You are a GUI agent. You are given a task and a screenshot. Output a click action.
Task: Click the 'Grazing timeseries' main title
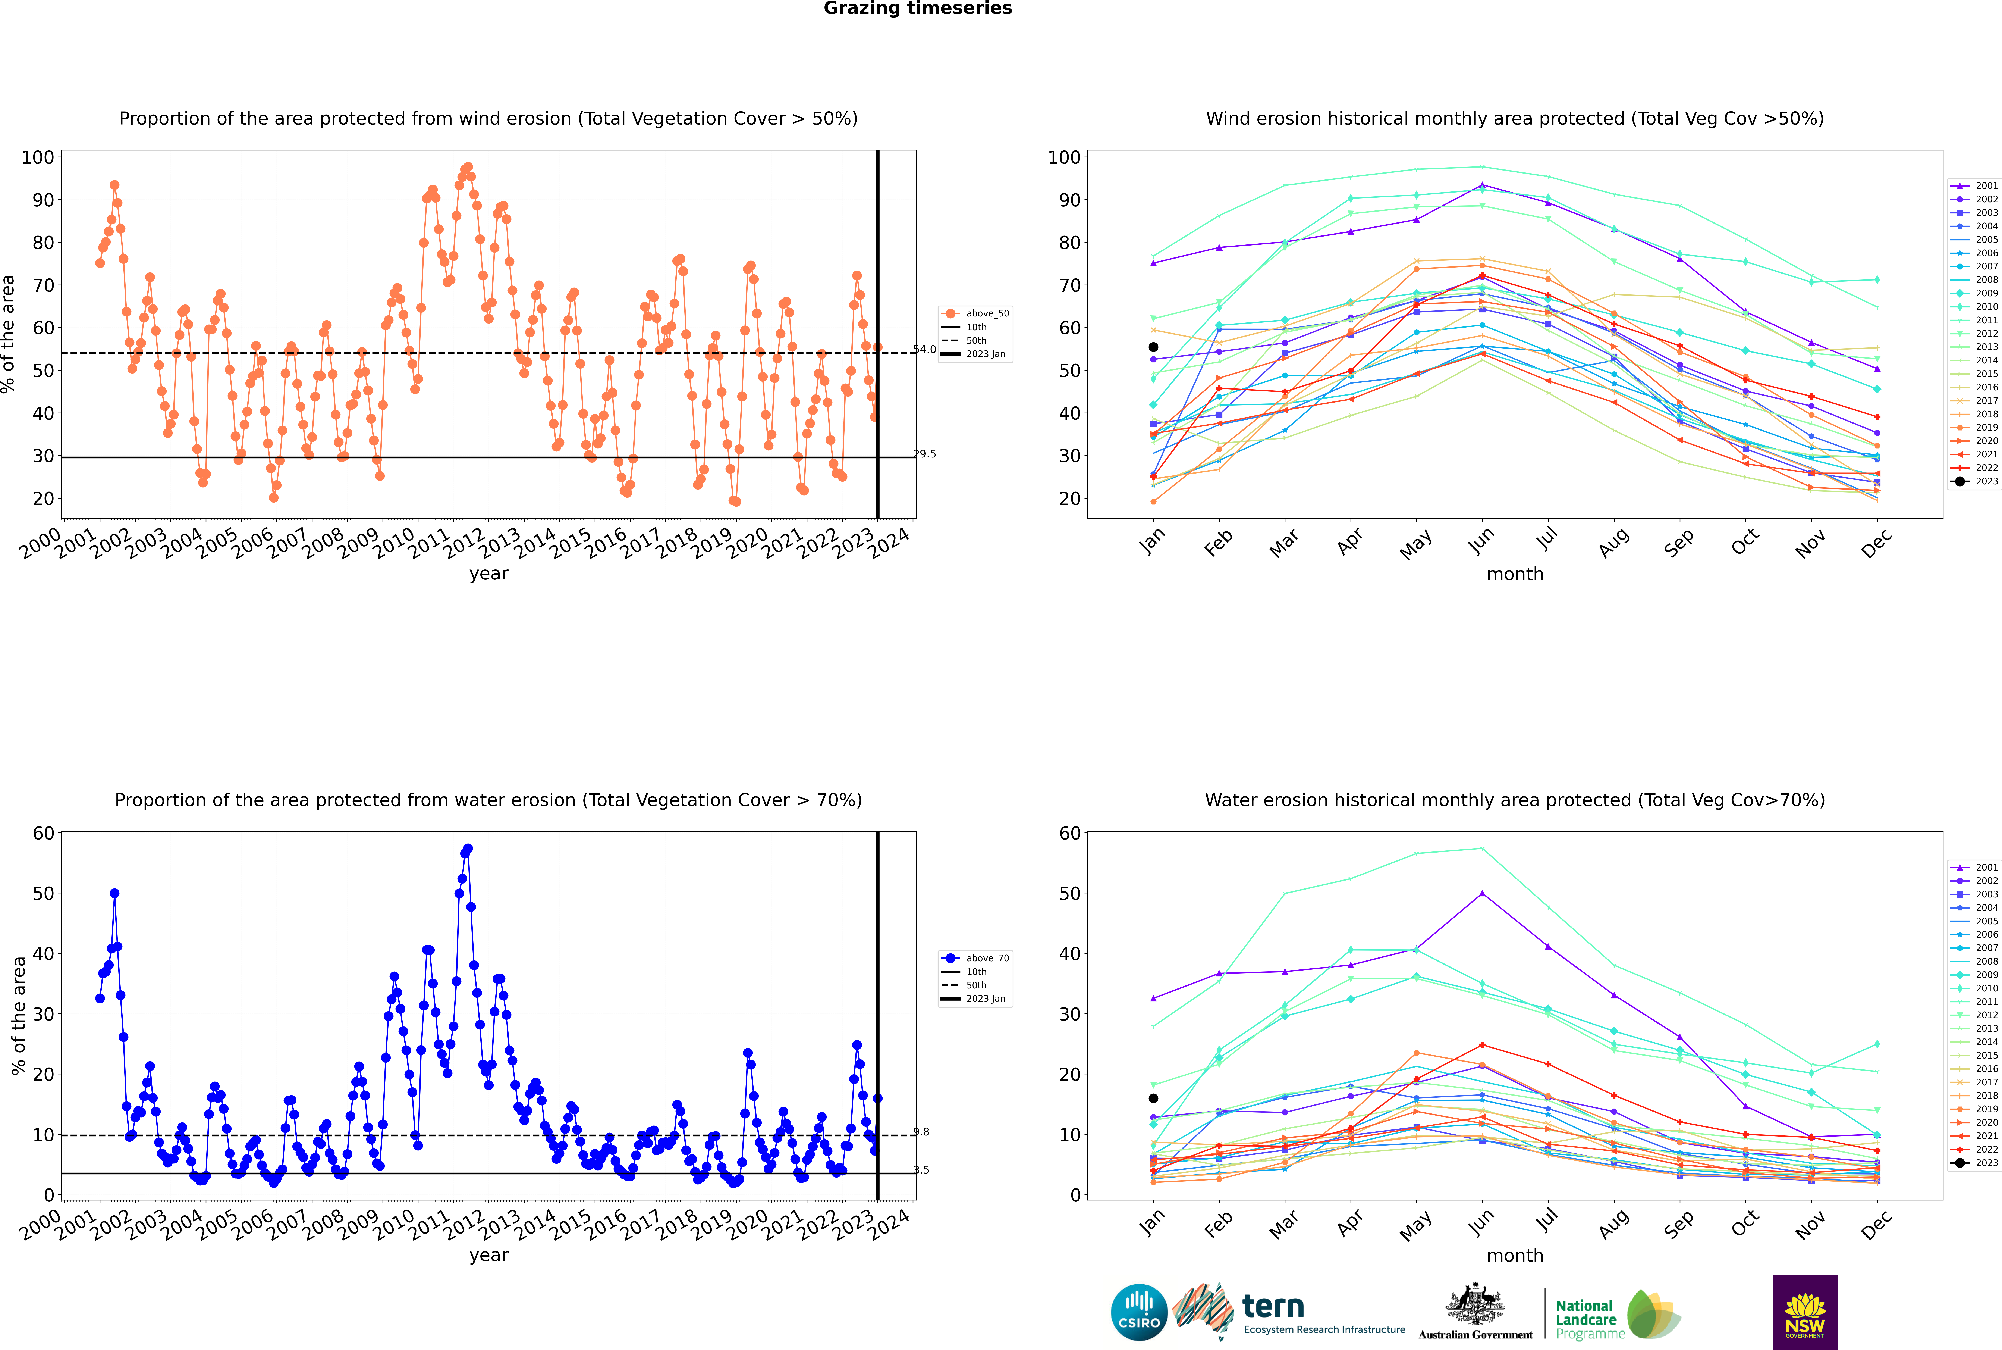[x=918, y=9]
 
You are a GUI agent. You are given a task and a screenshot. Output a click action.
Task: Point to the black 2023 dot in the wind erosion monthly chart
[x=1153, y=347]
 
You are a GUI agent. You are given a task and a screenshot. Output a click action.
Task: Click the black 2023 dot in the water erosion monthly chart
[x=1153, y=1098]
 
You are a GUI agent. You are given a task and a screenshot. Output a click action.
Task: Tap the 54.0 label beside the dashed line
[x=924, y=350]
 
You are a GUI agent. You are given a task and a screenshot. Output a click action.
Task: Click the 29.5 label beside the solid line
[x=924, y=454]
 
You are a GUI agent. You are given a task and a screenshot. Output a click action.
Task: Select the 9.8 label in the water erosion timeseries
[x=921, y=1132]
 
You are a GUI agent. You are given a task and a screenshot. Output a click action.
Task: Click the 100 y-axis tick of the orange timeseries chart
[x=38, y=157]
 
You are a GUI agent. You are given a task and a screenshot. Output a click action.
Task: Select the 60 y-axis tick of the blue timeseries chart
[x=43, y=833]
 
